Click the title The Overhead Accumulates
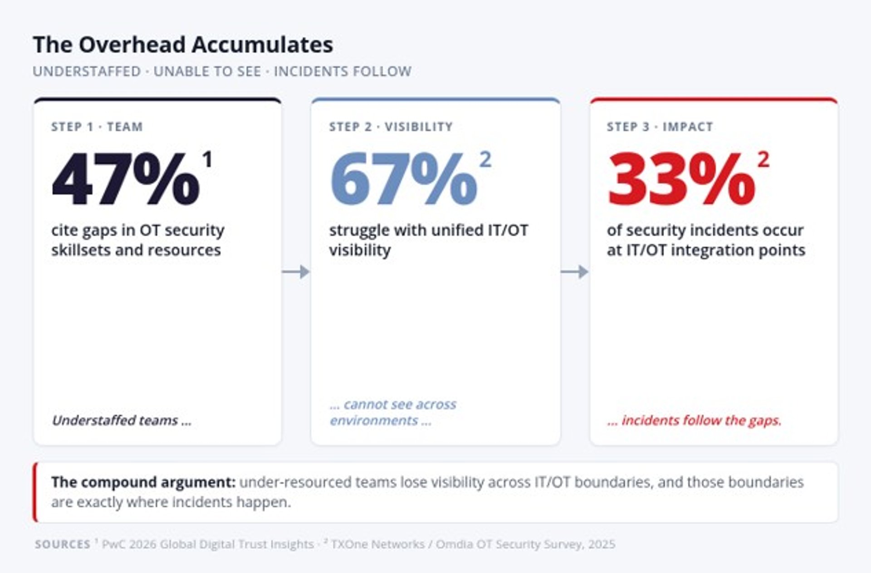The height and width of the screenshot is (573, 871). pos(183,45)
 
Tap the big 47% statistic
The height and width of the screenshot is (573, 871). pos(126,179)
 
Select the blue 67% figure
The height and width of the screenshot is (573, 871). pos(403,179)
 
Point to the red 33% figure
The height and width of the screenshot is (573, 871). pos(681,179)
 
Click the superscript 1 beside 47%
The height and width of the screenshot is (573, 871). pos(207,159)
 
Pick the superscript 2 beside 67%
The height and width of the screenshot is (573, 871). pos(485,159)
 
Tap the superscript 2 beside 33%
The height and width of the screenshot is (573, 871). pos(763,159)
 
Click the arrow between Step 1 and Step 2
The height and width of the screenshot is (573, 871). pos(296,272)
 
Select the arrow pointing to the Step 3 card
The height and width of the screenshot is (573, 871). pos(574,272)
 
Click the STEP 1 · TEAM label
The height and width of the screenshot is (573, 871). pos(97,127)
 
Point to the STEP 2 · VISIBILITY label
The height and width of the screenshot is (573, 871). pos(391,127)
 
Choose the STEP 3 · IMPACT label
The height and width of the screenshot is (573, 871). pos(660,127)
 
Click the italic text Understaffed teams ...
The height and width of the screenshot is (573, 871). pos(115,420)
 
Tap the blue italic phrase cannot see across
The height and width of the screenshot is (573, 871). pos(400,404)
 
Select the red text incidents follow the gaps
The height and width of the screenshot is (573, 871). pos(701,420)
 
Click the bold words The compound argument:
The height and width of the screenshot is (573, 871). pos(143,482)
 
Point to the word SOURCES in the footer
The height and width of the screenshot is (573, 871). pos(63,544)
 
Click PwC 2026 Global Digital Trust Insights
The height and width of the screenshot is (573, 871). pos(208,544)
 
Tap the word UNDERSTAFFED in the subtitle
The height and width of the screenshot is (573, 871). pos(87,72)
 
